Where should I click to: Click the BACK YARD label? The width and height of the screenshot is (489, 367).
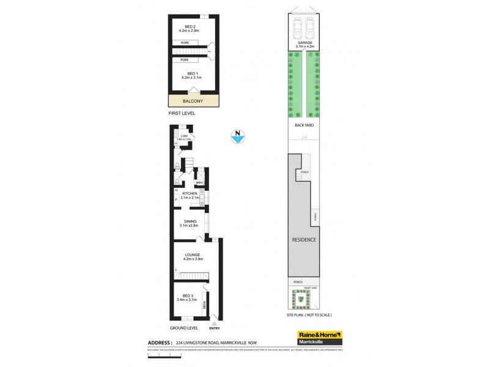[304, 125]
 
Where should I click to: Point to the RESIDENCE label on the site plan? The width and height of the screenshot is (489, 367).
[304, 239]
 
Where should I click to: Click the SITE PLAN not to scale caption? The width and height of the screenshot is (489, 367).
[309, 315]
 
